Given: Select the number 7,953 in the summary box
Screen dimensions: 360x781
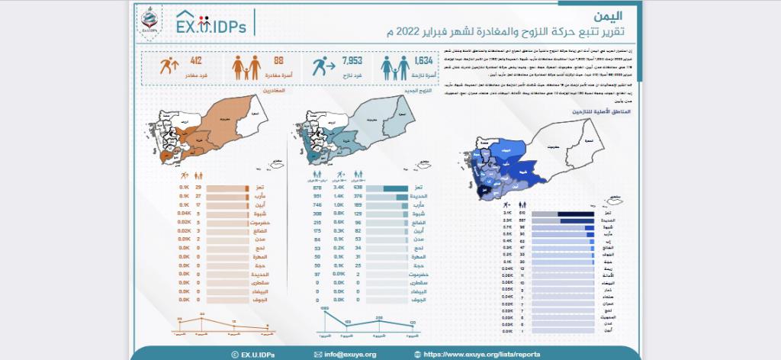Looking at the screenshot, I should (x=352, y=60).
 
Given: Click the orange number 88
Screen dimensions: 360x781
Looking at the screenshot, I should (x=278, y=60).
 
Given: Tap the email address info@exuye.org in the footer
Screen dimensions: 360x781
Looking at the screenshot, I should (x=347, y=354).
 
